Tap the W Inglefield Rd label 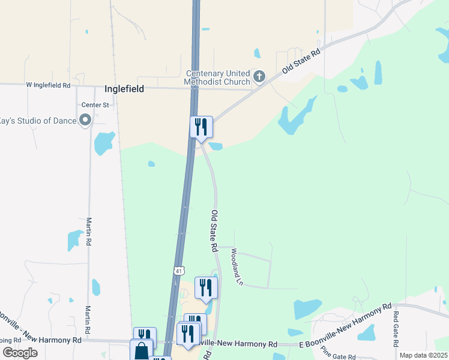tap(49, 85)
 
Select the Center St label tap(95, 104)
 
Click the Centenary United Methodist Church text tap(217, 77)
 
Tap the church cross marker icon tap(259, 76)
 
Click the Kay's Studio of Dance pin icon tap(85, 121)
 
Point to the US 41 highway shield tap(178, 271)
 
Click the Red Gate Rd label tap(396, 329)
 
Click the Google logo tap(19, 352)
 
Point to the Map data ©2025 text tap(423, 355)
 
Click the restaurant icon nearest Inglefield tap(201, 127)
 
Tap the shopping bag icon tap(141, 350)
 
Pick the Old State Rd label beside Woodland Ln tap(214, 230)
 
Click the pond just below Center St tap(104, 143)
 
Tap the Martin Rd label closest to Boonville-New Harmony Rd tap(88, 320)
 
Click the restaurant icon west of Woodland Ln tap(205, 287)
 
